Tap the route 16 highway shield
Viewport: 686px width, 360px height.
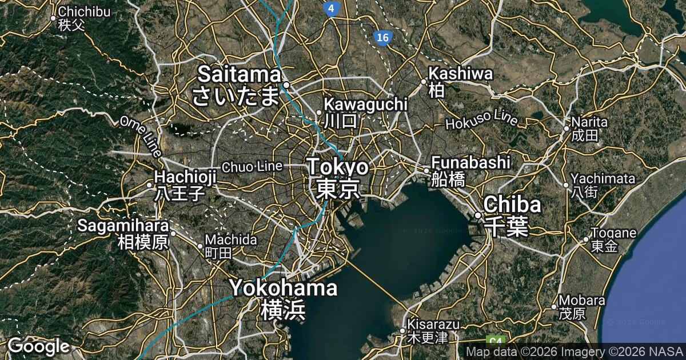point(383,38)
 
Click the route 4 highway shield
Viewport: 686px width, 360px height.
point(331,8)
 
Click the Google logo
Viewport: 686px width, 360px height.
point(38,346)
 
